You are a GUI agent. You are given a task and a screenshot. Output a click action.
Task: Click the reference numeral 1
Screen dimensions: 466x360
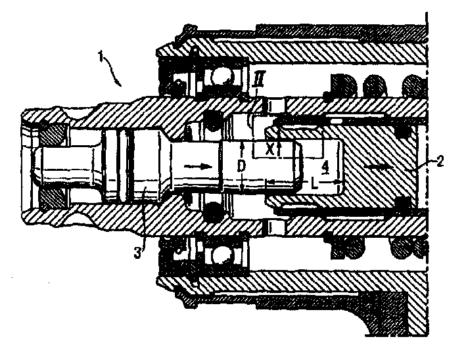pyautogui.click(x=101, y=56)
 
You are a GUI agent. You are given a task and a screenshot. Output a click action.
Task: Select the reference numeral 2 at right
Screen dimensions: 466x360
pyautogui.click(x=440, y=162)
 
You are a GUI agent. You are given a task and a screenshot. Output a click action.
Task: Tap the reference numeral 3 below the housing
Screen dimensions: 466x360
pyautogui.click(x=137, y=254)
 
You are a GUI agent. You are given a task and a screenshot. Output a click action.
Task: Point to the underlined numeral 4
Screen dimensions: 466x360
pyautogui.click(x=326, y=168)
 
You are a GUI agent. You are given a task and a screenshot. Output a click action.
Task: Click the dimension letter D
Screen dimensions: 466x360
pyautogui.click(x=242, y=166)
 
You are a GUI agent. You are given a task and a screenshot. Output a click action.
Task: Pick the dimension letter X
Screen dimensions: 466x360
pyautogui.click(x=269, y=150)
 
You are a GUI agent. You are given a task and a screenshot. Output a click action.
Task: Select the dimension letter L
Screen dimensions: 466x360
pyautogui.click(x=314, y=184)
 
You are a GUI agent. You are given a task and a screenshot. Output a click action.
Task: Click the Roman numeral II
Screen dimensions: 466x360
pyautogui.click(x=258, y=78)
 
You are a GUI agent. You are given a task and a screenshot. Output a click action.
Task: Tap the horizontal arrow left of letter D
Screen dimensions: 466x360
pyautogui.click(x=198, y=167)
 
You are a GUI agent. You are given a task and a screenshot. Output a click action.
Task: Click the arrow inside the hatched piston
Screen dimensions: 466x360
pyautogui.click(x=379, y=168)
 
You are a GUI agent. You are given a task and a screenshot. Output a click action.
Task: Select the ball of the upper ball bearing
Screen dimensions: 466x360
pyautogui.click(x=220, y=78)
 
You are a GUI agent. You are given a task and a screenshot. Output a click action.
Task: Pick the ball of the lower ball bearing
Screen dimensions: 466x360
pyautogui.click(x=220, y=254)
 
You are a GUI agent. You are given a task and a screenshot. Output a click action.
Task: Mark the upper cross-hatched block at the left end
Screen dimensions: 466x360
pyautogui.click(x=53, y=135)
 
